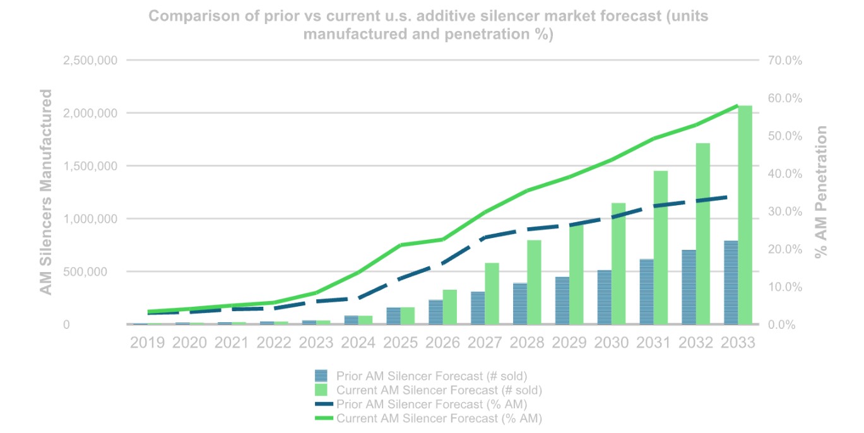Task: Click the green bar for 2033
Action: point(745,215)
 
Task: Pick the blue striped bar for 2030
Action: point(604,297)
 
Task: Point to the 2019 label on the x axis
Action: point(147,343)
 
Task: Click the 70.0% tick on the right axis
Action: point(785,61)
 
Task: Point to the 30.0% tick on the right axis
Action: point(785,211)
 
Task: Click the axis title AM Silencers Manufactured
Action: point(46,192)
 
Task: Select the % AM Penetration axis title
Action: point(820,192)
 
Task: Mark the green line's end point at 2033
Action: point(737,106)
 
